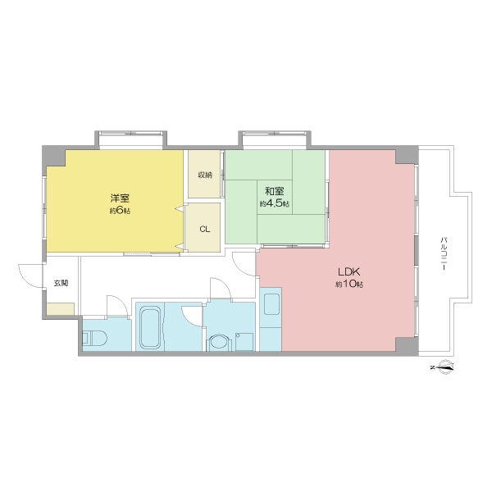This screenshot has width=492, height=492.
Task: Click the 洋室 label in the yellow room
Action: tap(120, 198)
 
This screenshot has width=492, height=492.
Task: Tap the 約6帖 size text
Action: tap(120, 210)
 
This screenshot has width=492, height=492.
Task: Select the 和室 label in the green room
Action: tap(275, 191)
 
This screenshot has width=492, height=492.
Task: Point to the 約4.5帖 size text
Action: tap(275, 203)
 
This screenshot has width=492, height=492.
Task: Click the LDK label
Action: tap(348, 271)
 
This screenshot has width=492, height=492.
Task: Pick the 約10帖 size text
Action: tap(349, 284)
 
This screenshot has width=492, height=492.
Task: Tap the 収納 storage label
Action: tap(204, 175)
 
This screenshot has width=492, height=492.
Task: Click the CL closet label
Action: tap(204, 230)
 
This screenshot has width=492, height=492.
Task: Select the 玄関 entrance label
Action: tap(61, 283)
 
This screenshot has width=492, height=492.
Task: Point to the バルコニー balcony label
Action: tap(444, 253)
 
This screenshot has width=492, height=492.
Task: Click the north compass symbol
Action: tap(444, 367)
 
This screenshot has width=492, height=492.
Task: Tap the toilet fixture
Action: tap(94, 338)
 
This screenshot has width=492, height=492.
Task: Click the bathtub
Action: tap(150, 327)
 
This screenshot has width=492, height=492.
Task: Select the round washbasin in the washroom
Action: tap(219, 342)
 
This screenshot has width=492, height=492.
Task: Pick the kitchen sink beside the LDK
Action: tap(271, 304)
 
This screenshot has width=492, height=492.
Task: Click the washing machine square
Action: tap(244, 342)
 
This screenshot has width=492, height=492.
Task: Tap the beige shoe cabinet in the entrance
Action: tap(61, 309)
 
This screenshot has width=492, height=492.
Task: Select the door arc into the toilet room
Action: tap(117, 305)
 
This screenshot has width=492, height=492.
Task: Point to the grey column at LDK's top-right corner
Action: tap(407, 155)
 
